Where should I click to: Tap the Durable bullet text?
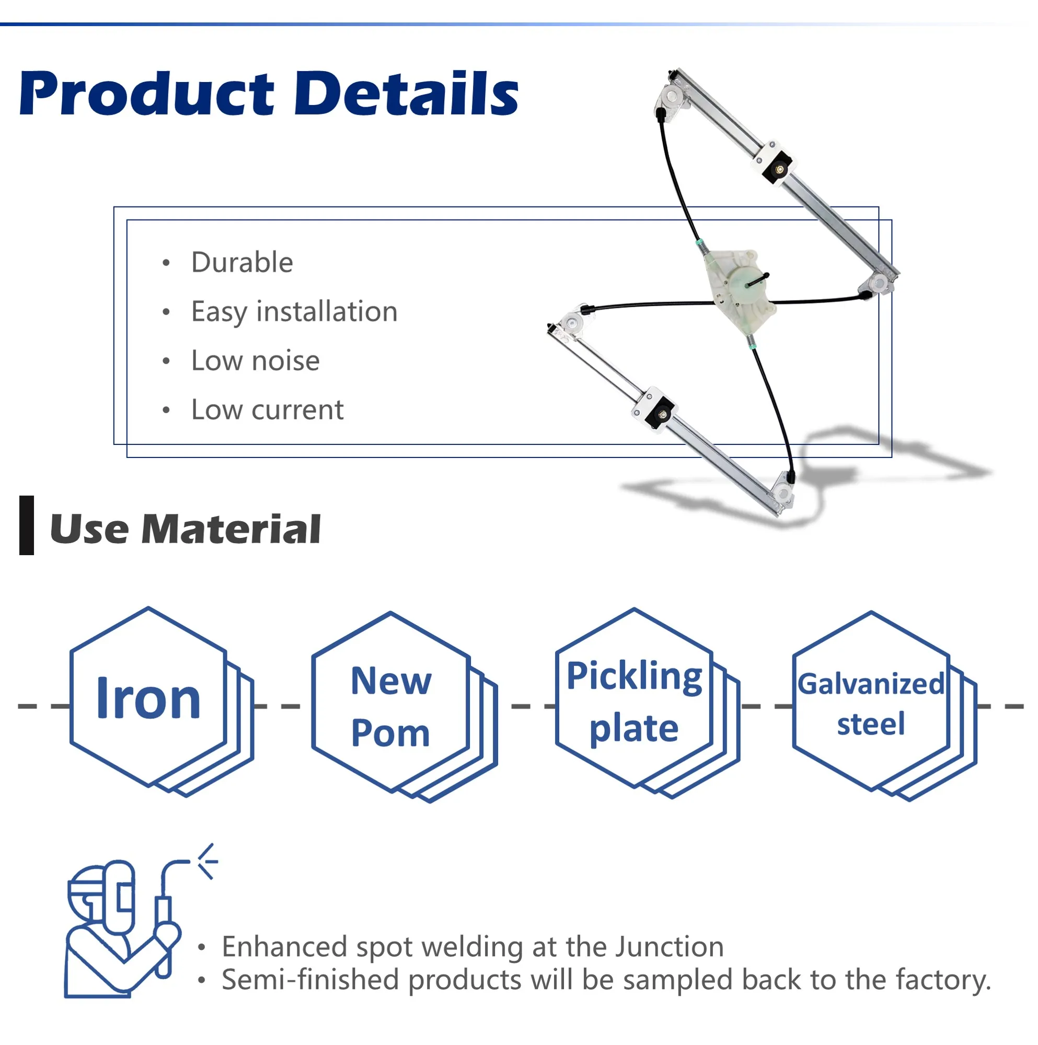(242, 263)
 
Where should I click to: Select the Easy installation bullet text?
(294, 312)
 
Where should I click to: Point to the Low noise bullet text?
(255, 361)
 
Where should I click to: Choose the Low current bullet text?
(267, 410)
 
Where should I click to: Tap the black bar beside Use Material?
(27, 525)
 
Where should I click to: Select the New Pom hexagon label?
(390, 706)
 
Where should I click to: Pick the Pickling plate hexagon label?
(634, 702)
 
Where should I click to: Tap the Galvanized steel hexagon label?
(871, 704)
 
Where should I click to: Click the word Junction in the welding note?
(670, 947)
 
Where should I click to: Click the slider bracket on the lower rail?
(655, 410)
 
